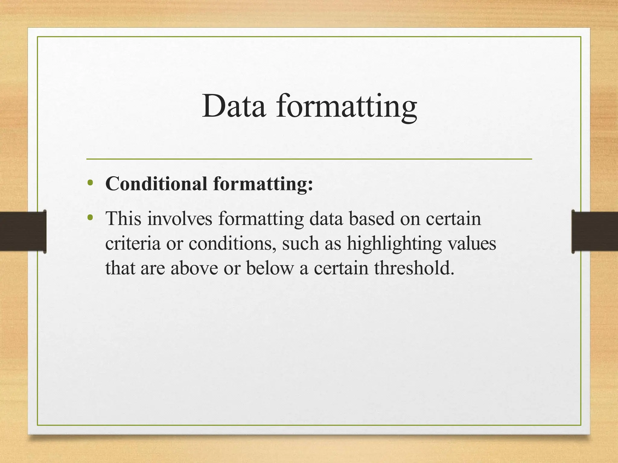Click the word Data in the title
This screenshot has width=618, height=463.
[234, 106]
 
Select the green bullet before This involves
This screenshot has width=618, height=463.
[90, 217]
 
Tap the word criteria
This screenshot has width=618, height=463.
[133, 243]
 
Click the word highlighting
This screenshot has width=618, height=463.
[394, 243]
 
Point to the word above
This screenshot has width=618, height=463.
[194, 268]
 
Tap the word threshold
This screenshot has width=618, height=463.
[414, 268]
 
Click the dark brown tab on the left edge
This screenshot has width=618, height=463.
[23, 231]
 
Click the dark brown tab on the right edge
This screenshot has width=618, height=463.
[594, 231]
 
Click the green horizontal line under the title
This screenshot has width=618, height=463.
[309, 159]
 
